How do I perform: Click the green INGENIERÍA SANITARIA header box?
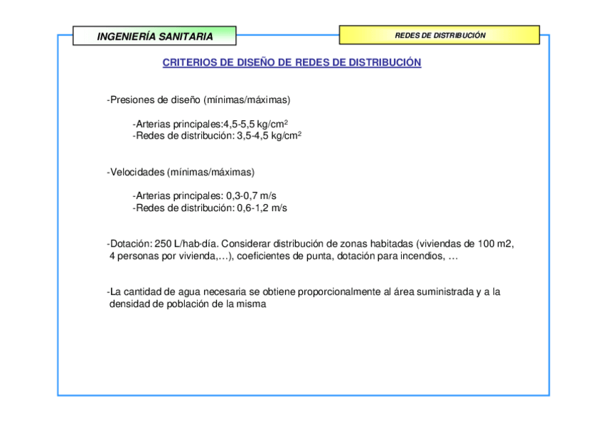[154, 36]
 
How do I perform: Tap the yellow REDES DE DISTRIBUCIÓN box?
[439, 35]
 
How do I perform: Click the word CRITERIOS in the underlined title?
[189, 63]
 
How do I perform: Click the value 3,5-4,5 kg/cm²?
[269, 135]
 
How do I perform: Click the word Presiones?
[130, 100]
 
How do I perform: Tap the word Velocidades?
[137, 172]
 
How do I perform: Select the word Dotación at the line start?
[129, 244]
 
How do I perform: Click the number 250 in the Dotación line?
[162, 244]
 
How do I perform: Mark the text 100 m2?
[496, 244]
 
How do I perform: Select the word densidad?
[129, 304]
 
